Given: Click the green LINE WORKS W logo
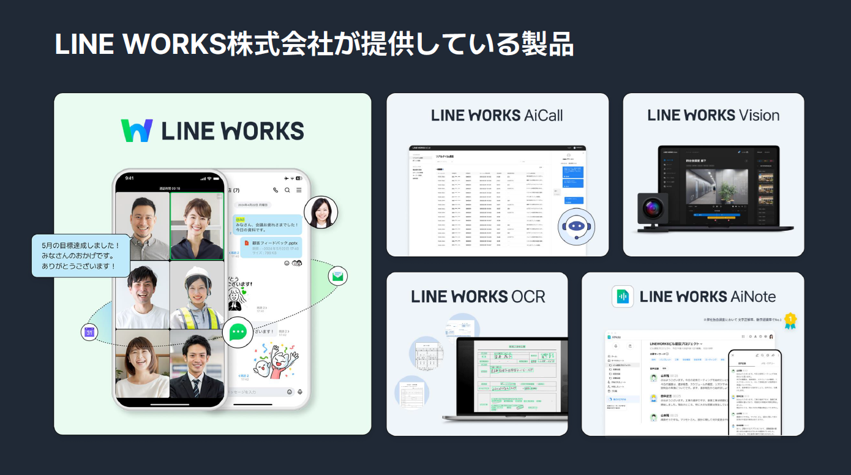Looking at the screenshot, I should coord(137,130).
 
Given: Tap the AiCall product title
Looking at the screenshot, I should coord(497,115).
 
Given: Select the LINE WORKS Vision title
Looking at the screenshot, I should coord(713,115).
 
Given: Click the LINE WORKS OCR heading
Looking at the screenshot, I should coord(478,297).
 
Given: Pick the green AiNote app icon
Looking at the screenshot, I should coord(622,297).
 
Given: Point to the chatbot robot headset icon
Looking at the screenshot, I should coord(575,226).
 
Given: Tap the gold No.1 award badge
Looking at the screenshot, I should coord(790,320).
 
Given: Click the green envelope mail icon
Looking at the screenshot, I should coord(338,276).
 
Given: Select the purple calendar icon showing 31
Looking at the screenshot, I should coord(89,332).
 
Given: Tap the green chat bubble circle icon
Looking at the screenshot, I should coord(237,332).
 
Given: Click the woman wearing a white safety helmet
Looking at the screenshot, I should coord(197,295).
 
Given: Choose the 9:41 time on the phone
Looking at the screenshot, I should coord(129,179).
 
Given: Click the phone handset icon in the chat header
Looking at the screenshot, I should coord(276,190).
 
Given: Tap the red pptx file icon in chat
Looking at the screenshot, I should coord(247,243).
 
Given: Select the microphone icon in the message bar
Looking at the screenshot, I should coord(299,392).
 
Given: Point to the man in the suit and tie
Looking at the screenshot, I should coord(197,365).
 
